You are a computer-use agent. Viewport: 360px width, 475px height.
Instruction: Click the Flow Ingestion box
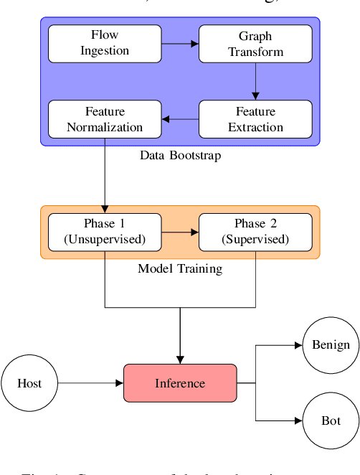[105, 43]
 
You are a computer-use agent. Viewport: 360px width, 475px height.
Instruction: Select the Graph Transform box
[255, 43]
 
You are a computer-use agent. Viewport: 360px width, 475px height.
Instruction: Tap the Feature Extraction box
[255, 119]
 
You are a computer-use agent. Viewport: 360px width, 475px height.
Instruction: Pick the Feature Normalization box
[105, 119]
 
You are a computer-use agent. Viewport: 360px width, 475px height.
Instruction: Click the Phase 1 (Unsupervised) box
[105, 232]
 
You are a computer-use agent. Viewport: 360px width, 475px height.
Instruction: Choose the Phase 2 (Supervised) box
[255, 232]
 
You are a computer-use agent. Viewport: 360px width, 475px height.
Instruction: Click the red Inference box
[180, 383]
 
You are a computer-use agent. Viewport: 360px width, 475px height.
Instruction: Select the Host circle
[29, 383]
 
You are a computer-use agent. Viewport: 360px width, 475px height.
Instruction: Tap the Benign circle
[331, 345]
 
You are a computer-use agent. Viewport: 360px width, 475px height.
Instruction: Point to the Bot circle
[331, 420]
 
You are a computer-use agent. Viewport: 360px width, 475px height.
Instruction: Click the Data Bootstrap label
[180, 156]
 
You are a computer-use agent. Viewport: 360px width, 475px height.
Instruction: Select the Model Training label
[180, 269]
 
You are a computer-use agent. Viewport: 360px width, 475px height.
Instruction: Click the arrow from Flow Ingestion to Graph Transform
[180, 43]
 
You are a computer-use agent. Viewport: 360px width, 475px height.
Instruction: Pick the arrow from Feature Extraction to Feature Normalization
[180, 119]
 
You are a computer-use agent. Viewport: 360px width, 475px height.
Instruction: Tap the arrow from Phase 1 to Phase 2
[180, 232]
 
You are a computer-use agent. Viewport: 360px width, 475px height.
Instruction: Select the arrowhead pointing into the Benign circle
[298, 345]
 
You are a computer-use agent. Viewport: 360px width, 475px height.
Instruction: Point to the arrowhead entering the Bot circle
[298, 420]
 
